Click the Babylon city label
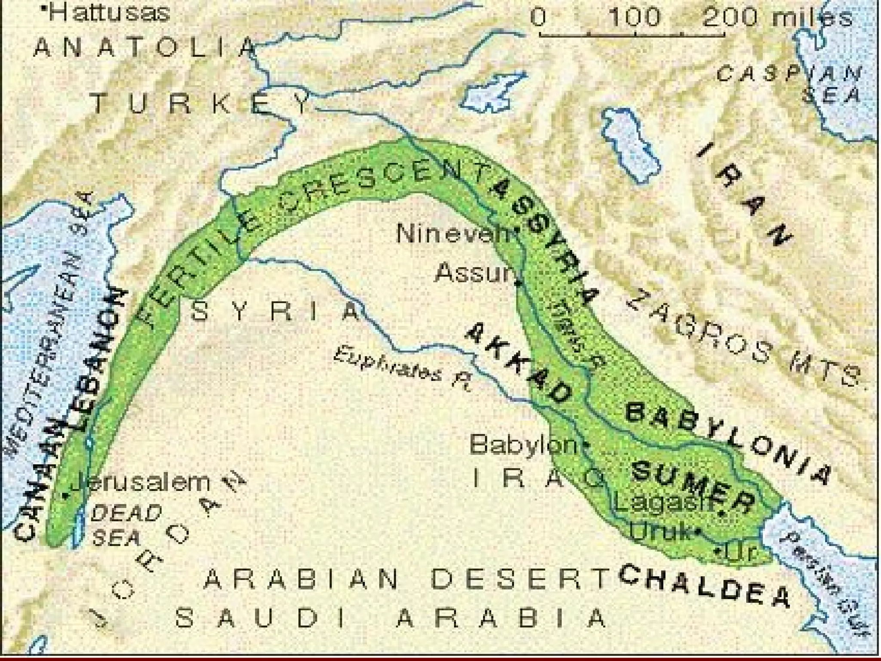[523, 445]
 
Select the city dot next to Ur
[718, 551]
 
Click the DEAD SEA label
[125, 525]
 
